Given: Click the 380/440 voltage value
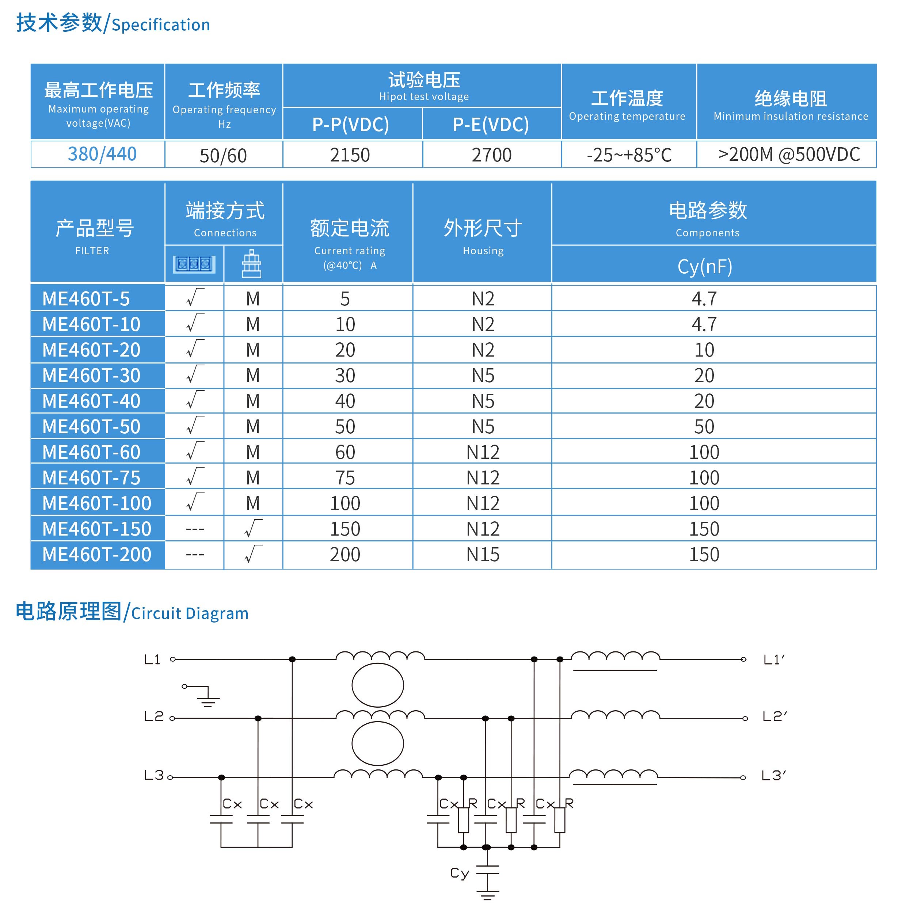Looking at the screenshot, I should pos(102,154).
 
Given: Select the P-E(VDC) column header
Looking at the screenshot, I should pos(491,124).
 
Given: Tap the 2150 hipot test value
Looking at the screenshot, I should pos(350,155).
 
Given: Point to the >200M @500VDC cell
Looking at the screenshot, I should pos(789,154).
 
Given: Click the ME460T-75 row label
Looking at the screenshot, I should pos(92,477).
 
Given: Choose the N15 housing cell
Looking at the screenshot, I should pos(483,554).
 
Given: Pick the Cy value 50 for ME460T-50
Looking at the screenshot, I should pos(704,427).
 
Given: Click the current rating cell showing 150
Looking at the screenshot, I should pos(345,529).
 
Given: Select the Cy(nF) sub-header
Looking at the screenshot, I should pos(705,266).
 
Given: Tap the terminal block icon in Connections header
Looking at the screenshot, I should pos(194,264).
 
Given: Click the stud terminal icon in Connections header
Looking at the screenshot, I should pos(252,264).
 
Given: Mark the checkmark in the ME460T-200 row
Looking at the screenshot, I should pos(253,554).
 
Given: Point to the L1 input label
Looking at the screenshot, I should pos(152,659).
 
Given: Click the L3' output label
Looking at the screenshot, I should pos(774,776).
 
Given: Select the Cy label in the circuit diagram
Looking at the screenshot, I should pos(460,873).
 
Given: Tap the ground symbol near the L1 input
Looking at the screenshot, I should pos(208,698).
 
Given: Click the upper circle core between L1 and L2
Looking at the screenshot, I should pos(378,685).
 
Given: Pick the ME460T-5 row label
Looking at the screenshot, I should pos(86,298).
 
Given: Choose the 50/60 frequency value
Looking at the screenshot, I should pos(223,156).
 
